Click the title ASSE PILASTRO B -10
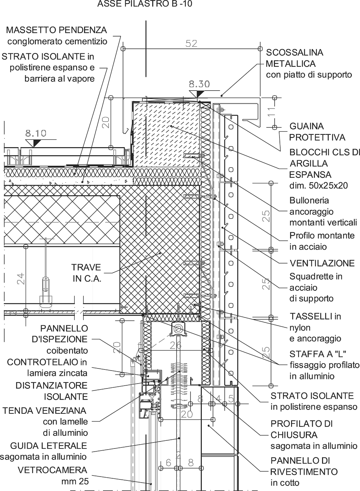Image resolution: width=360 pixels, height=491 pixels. click(145, 4)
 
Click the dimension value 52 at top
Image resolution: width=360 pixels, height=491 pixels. click(191, 44)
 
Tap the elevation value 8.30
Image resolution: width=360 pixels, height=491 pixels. click(199, 84)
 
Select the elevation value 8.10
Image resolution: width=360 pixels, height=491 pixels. click(36, 133)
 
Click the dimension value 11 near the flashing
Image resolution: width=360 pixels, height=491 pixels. click(271, 112)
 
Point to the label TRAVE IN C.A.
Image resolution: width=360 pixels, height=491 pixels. click(87, 273)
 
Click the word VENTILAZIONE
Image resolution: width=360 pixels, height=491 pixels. click(322, 263)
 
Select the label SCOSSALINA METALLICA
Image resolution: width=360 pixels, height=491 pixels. click(294, 58)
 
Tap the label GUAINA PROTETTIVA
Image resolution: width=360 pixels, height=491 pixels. click(317, 131)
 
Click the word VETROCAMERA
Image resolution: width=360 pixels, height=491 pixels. click(52, 470)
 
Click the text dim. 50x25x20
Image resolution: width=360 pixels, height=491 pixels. click(319, 185)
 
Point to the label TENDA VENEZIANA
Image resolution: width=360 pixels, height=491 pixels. click(44, 410)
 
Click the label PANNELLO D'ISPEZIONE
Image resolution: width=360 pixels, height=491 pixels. click(64, 334)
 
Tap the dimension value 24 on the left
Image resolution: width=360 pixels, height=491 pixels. click(21, 279)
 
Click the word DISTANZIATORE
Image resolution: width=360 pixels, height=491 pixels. click(51, 385)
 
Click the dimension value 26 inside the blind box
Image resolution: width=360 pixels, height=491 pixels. click(176, 345)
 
